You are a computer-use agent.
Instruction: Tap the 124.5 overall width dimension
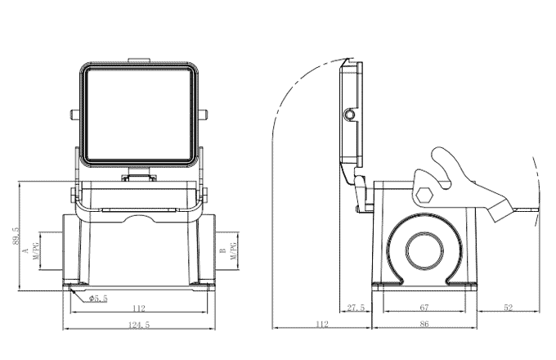(137, 325)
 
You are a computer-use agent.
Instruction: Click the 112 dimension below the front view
(137, 308)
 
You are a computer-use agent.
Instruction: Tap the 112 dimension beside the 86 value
(322, 325)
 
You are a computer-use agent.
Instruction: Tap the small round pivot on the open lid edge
(350, 114)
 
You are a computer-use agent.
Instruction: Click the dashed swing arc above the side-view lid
(303, 90)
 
